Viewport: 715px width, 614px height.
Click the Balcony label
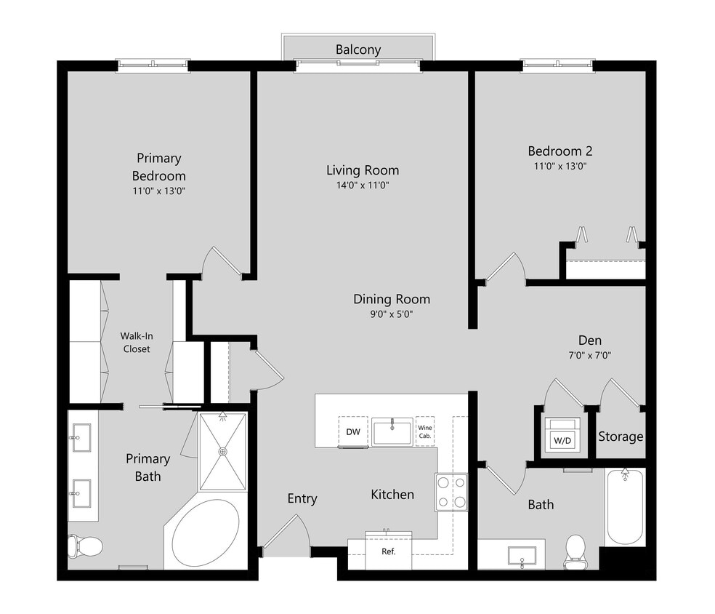point(357,49)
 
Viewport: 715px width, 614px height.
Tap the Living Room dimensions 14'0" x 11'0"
point(362,186)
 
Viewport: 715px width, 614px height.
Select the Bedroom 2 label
point(560,151)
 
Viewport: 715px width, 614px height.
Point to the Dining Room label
point(392,299)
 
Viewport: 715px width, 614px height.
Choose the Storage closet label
point(621,436)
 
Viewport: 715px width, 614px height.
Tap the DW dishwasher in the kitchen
point(353,432)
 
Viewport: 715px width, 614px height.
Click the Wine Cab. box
point(425,431)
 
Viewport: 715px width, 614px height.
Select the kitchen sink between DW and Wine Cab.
point(392,431)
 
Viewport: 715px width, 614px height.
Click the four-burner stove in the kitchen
point(451,491)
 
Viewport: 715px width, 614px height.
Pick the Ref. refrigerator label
point(389,551)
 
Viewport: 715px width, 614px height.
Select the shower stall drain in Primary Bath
point(223,451)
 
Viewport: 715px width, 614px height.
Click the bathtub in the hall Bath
point(625,507)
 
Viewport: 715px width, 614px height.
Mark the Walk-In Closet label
point(136,343)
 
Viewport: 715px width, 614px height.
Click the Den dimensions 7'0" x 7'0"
point(589,356)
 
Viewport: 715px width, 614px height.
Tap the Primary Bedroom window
point(153,65)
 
